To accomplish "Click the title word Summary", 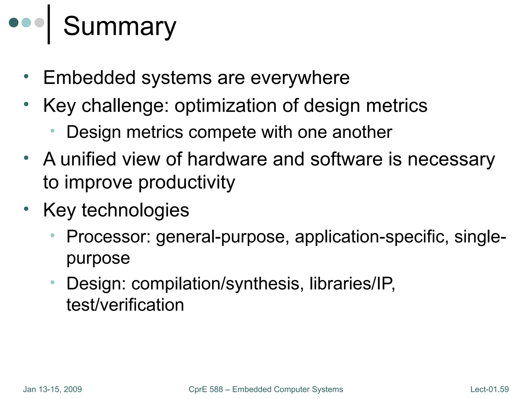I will [120, 26].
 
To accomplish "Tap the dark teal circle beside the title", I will [14, 22].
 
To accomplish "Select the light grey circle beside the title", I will [39, 22].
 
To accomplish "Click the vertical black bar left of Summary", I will [49, 24].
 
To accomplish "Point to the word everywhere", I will [300, 78].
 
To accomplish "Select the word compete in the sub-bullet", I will [223, 132].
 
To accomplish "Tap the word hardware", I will [227, 159].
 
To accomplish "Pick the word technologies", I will [135, 210].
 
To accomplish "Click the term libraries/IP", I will [352, 284].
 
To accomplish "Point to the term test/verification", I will [125, 305].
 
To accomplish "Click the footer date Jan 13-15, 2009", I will [52, 389].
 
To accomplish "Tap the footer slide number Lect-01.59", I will [489, 389].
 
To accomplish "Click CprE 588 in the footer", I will [206, 389].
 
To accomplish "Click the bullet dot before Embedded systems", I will [26, 76].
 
